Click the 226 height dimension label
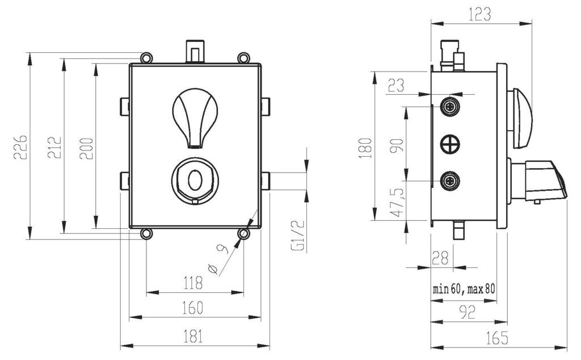coord(20,147)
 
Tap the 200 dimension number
coord(86,148)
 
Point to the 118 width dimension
coord(193,283)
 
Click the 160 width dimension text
coord(193,308)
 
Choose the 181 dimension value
coord(193,336)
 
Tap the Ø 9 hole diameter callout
coord(218,258)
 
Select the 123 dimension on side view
coord(480,14)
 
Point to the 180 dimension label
coord(365,148)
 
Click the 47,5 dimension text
coord(397,202)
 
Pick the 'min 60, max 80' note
coord(464,289)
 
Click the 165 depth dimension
coord(497,337)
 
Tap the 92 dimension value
coord(467,312)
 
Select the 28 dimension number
coord(440,257)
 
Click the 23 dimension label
coord(395,85)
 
